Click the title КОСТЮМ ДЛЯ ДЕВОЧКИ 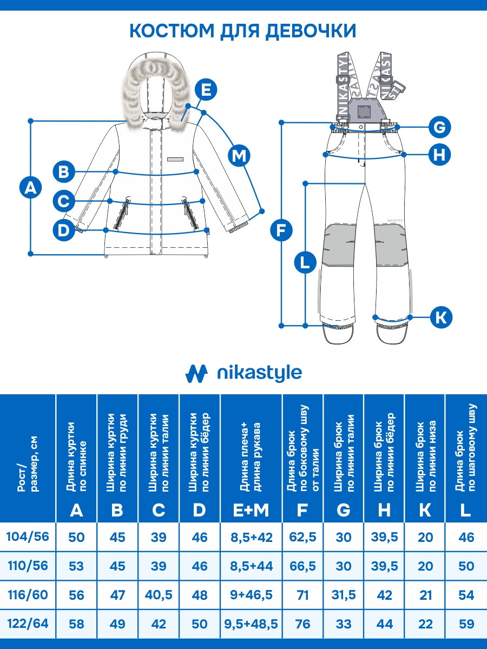point(243,30)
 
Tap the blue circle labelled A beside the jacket point(30,188)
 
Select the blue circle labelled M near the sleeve point(239,156)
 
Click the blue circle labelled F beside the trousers point(281,230)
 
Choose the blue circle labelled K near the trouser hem point(441,316)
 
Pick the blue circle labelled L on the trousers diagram point(305,263)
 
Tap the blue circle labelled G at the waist point(439,128)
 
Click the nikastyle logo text point(259,373)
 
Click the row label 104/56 point(28,537)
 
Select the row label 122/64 point(28,624)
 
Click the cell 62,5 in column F point(302,537)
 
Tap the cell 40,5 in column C point(159,595)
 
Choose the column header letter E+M point(251,509)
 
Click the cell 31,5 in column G point(344,595)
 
